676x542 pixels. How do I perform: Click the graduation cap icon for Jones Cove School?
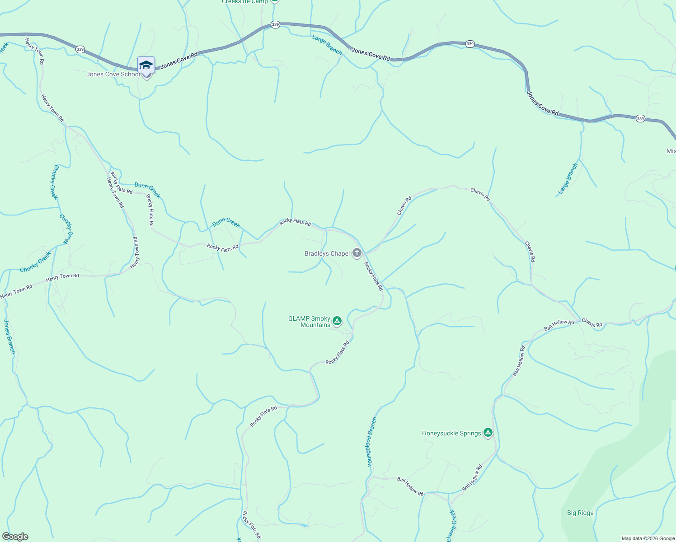[146, 65]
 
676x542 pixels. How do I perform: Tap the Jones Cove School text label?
[113, 75]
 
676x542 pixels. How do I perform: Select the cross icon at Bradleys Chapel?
[357, 253]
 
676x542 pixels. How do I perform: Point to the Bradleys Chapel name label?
[327, 254]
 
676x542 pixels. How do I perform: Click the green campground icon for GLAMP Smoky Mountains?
[337, 321]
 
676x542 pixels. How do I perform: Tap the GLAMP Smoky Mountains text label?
[310, 322]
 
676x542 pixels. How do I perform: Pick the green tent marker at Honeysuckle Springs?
[488, 433]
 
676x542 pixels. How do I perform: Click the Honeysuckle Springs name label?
[451, 434]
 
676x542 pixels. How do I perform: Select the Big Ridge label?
[580, 513]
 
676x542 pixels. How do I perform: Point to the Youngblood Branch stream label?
[371, 442]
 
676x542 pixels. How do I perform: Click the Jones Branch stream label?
[9, 336]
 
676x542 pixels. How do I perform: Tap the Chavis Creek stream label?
[451, 525]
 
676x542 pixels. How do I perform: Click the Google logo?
[15, 537]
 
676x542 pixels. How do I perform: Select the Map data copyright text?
[648, 538]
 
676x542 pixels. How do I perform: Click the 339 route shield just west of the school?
[80, 49]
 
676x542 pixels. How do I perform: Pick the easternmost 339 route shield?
[640, 119]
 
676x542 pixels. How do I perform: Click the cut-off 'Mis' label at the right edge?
[671, 151]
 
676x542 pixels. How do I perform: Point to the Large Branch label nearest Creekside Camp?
[327, 45]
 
